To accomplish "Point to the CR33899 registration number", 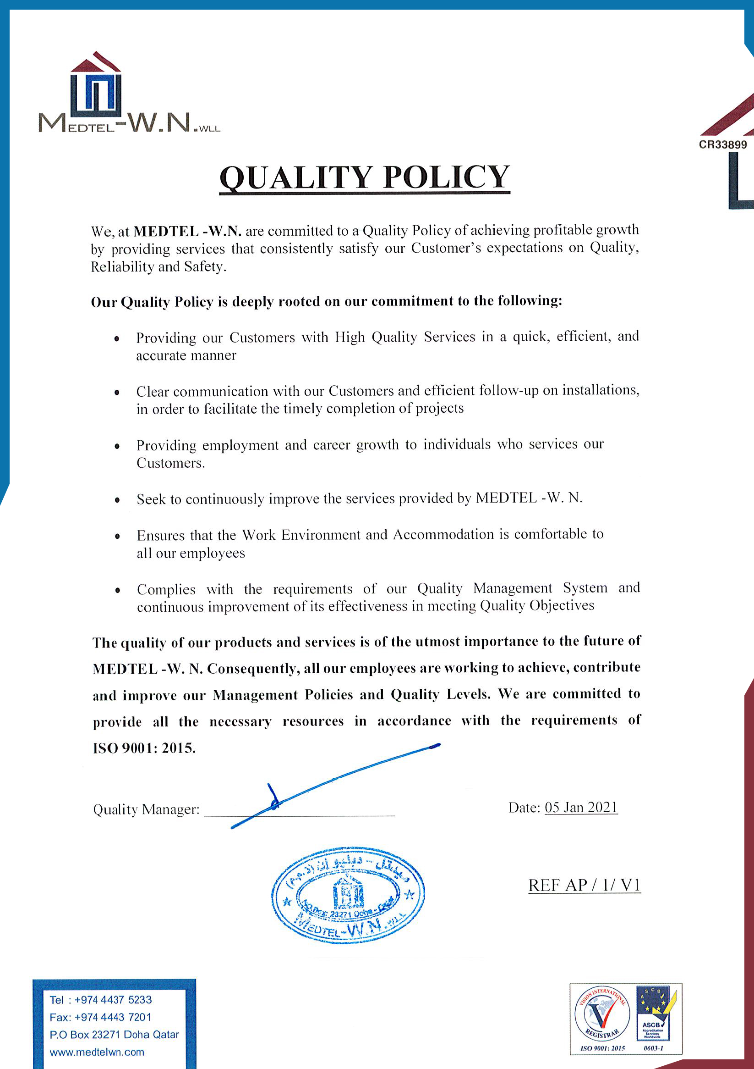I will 723,145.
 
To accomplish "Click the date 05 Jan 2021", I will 581,807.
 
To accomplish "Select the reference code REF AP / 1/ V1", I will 584,885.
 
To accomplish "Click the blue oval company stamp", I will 348,895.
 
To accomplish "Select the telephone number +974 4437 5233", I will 113,1000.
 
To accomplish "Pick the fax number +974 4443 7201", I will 113,1017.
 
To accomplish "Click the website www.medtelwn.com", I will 97,1052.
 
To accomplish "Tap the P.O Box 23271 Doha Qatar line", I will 114,1035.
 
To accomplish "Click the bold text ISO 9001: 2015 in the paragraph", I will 144,748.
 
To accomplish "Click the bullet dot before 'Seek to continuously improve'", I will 117,500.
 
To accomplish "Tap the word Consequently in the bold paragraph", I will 251,669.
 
